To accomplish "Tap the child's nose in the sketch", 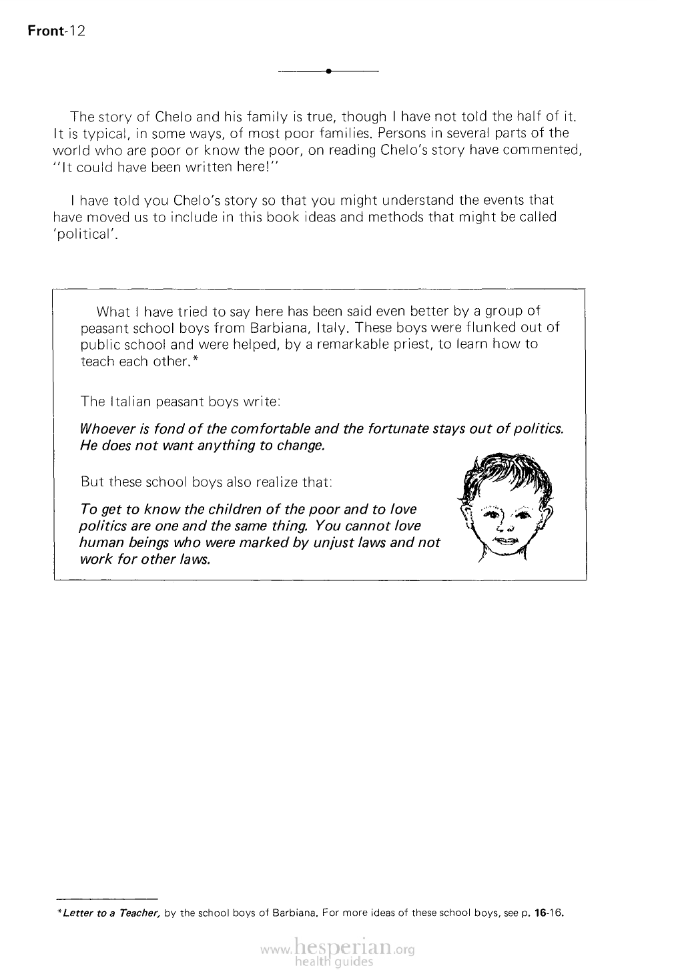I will tap(505, 526).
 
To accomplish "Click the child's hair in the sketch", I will tap(506, 473).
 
